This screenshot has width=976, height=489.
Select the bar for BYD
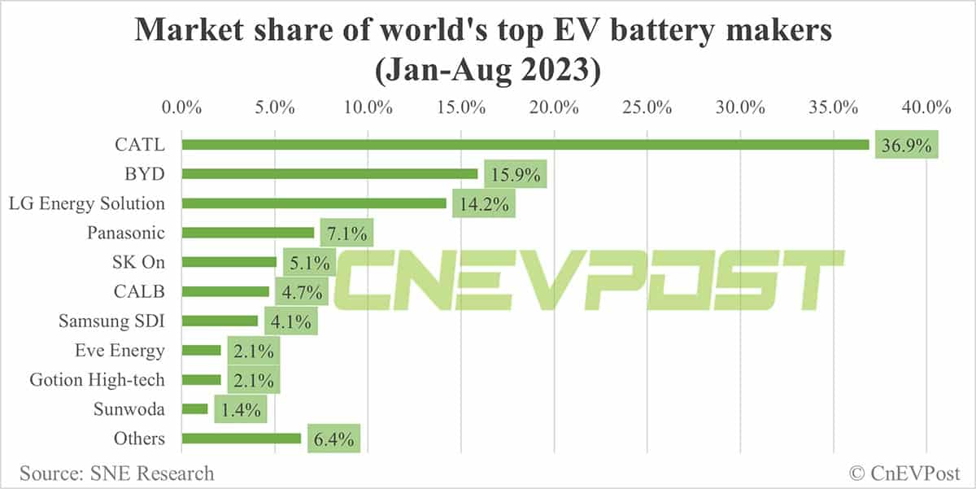(329, 173)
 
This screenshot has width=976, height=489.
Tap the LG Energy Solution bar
(314, 203)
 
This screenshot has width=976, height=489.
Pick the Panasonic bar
(247, 233)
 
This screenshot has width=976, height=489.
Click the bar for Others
(241, 439)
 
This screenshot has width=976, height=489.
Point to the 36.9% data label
(905, 146)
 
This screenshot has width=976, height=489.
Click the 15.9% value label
(516, 175)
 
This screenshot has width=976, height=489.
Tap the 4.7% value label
(302, 292)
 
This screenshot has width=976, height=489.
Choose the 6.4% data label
(333, 440)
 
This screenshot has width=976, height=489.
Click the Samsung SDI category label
(111, 321)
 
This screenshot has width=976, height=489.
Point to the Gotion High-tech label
(97, 380)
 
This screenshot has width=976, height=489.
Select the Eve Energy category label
(119, 351)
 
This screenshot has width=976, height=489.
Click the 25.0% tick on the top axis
(647, 107)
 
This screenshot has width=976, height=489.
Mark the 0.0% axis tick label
(181, 107)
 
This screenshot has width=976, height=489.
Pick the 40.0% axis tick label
(926, 107)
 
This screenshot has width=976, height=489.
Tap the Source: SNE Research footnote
(117, 473)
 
